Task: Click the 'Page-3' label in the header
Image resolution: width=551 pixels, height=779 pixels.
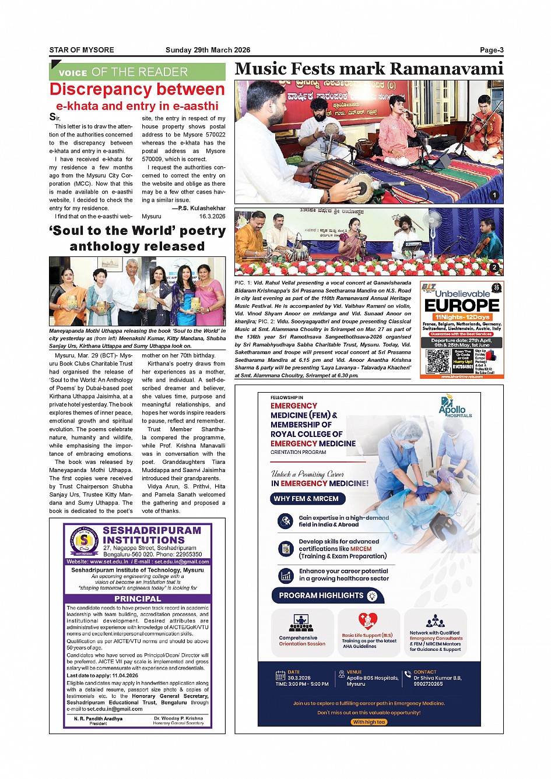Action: pyautogui.click(x=492, y=50)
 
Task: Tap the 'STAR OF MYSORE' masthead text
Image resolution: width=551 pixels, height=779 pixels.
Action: pyautogui.click(x=82, y=50)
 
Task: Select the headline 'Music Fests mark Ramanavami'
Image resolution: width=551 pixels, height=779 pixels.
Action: pyautogui.click(x=368, y=69)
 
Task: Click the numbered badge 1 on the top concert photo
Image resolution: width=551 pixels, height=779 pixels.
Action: pyautogui.click(x=494, y=196)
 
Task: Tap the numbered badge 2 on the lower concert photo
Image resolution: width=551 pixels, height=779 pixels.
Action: pyautogui.click(x=494, y=267)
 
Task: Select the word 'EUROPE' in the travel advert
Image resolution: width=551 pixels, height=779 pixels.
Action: pyautogui.click(x=462, y=305)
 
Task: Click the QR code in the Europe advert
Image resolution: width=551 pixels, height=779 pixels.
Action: pyautogui.click(x=438, y=361)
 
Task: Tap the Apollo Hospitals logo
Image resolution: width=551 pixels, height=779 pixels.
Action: pyautogui.click(x=453, y=407)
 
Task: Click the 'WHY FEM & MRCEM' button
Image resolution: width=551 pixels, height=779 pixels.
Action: pyautogui.click(x=307, y=499)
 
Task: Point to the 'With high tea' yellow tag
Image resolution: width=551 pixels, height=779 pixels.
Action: pyautogui.click(x=368, y=722)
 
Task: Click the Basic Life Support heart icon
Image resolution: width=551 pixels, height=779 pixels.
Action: pyautogui.click(x=368, y=621)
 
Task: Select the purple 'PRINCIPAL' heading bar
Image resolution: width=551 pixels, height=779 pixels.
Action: pyautogui.click(x=137, y=598)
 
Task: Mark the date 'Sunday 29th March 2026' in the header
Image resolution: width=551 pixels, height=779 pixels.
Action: pyautogui.click(x=208, y=50)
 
